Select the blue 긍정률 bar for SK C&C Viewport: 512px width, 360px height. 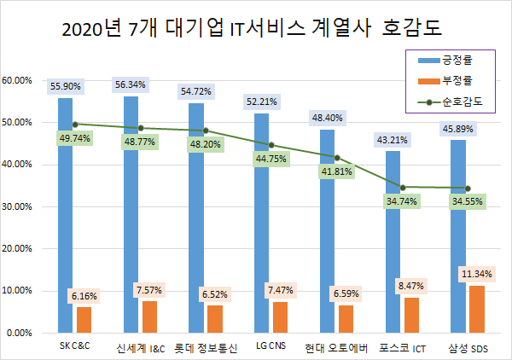pyautogui.click(x=65, y=213)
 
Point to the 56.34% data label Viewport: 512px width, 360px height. pyautogui.click(x=131, y=84)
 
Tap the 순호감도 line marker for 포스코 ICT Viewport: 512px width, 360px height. pyautogui.click(x=403, y=187)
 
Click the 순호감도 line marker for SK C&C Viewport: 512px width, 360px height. pyautogui.click(x=75, y=124)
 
